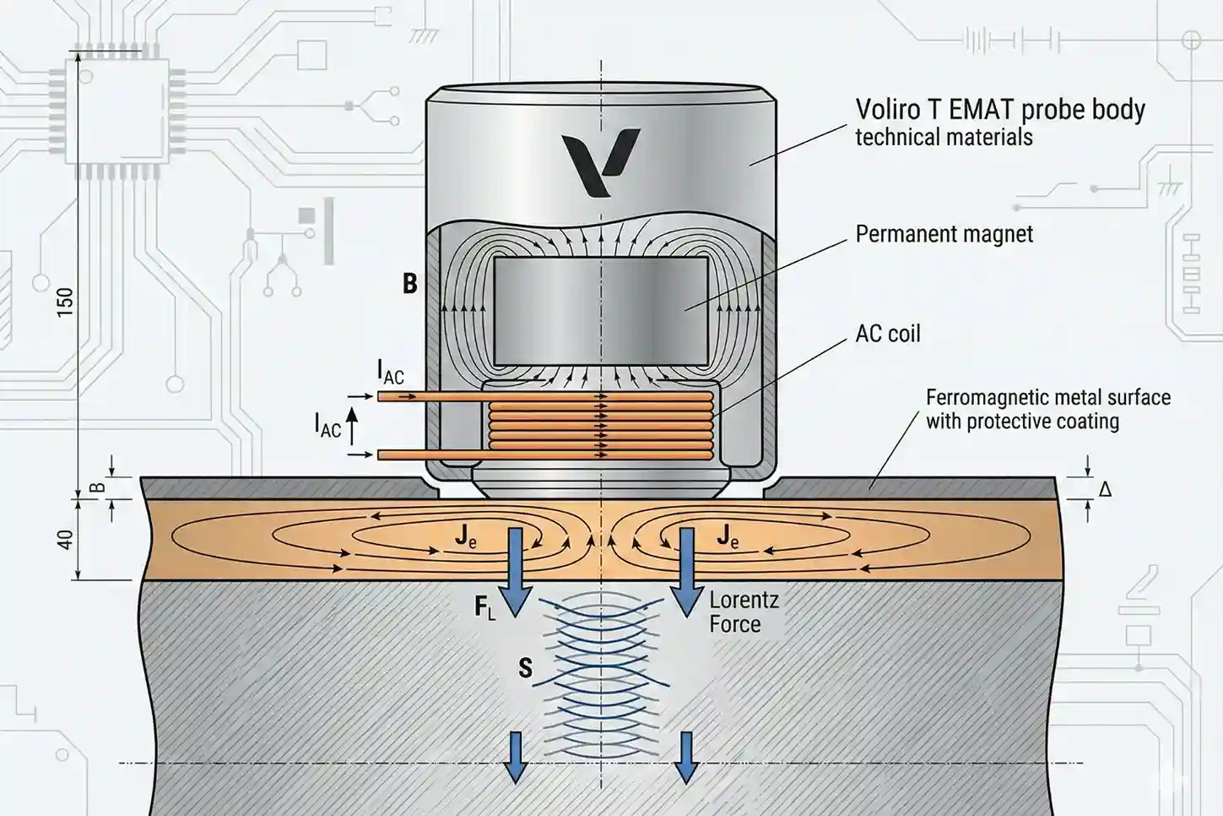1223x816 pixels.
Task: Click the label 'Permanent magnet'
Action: click(x=944, y=234)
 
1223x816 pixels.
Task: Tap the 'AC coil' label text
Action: click(x=887, y=334)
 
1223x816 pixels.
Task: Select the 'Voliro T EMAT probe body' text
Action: click(x=999, y=110)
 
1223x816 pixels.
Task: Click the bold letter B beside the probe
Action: click(x=410, y=284)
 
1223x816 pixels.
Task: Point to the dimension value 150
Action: click(x=65, y=302)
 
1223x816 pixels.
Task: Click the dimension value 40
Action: click(x=65, y=539)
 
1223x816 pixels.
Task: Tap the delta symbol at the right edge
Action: click(x=1105, y=488)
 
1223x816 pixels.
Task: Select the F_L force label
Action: click(x=484, y=607)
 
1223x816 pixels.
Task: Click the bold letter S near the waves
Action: click(x=525, y=668)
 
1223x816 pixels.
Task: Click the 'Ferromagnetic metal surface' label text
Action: click(x=1047, y=398)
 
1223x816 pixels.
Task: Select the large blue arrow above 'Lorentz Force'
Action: click(x=686, y=571)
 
